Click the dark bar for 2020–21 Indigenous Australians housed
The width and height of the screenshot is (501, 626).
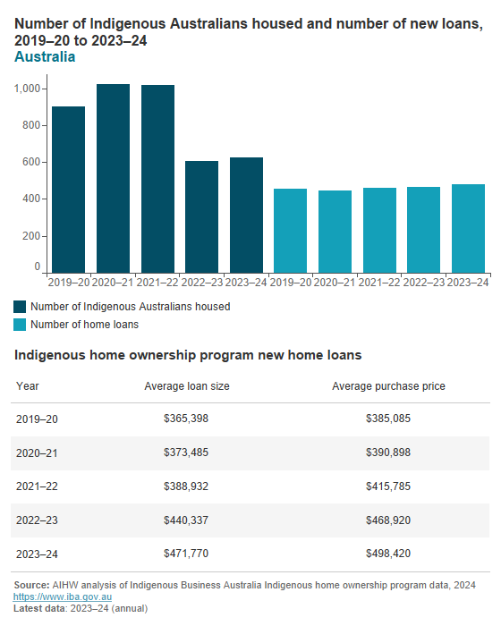pyautogui.click(x=113, y=179)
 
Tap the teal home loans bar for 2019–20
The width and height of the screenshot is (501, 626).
pyautogui.click(x=290, y=231)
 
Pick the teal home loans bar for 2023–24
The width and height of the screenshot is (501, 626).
pyautogui.click(x=468, y=228)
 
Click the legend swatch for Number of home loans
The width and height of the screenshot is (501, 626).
pyautogui.click(x=21, y=324)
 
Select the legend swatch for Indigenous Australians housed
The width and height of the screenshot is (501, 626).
pyautogui.click(x=21, y=306)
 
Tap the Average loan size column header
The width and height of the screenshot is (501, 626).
pyautogui.click(x=186, y=386)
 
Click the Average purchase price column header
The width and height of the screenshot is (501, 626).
pyautogui.click(x=388, y=386)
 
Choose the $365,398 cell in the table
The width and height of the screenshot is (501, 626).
pyautogui.click(x=186, y=419)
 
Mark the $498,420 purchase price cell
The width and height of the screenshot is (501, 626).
pyautogui.click(x=388, y=554)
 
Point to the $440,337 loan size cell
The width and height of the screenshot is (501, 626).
pyautogui.click(x=186, y=520)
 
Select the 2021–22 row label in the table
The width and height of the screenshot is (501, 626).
pyautogui.click(x=36, y=486)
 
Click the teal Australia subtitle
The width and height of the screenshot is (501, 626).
pyautogui.click(x=45, y=57)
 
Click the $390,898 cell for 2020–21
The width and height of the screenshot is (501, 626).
pyautogui.click(x=388, y=453)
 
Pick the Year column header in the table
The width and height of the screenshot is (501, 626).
pyautogui.click(x=27, y=386)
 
